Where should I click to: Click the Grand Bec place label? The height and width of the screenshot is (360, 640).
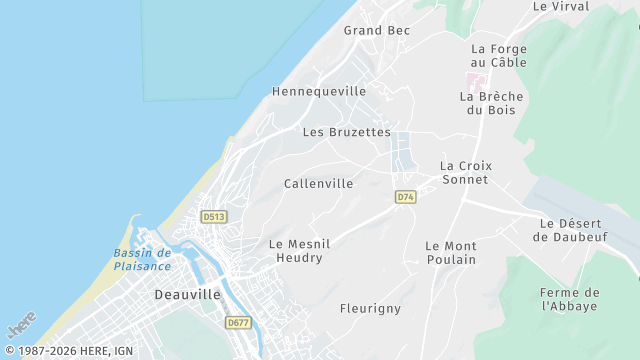coord(377,31)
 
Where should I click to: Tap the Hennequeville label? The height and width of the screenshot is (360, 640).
coord(319,91)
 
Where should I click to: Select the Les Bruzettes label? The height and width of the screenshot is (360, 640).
coord(346,132)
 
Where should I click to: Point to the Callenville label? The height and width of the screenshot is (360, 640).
coord(318,184)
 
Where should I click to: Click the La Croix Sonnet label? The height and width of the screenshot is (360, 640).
coord(465,172)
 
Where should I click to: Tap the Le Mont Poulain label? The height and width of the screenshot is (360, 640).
coord(450,252)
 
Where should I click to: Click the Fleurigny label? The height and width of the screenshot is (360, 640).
coord(370,308)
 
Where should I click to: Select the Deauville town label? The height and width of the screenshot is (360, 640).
coord(187,295)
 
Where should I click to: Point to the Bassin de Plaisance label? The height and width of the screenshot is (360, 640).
coord(142,259)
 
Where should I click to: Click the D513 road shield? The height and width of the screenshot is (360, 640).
coord(213,217)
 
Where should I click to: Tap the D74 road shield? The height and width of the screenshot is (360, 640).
coord(404,197)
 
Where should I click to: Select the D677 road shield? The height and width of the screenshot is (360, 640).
coord(237,323)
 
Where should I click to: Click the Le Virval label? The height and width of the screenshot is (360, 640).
coord(560,6)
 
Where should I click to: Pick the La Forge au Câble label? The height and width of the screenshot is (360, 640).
coord(499,55)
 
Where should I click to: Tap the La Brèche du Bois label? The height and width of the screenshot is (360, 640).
coord(491,103)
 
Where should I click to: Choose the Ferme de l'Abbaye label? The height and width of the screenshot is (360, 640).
coord(569,299)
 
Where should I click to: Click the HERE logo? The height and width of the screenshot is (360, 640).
coord(21,325)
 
